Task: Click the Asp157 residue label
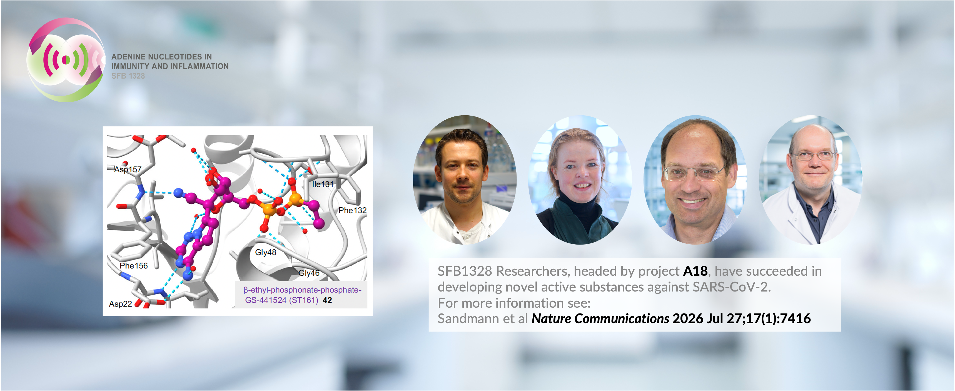coord(128,169)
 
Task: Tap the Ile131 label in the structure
coord(323,184)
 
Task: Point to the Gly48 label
coord(265,252)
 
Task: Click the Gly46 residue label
coord(309,273)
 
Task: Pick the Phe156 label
coord(133,266)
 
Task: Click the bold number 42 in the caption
coord(327,300)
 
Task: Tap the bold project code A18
coord(695,271)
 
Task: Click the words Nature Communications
coord(600,319)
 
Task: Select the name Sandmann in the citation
coord(468,319)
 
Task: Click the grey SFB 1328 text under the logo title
coord(128,76)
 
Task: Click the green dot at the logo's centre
coord(66,59)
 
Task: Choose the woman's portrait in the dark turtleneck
coord(580,180)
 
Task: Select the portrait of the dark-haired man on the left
coord(465,180)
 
